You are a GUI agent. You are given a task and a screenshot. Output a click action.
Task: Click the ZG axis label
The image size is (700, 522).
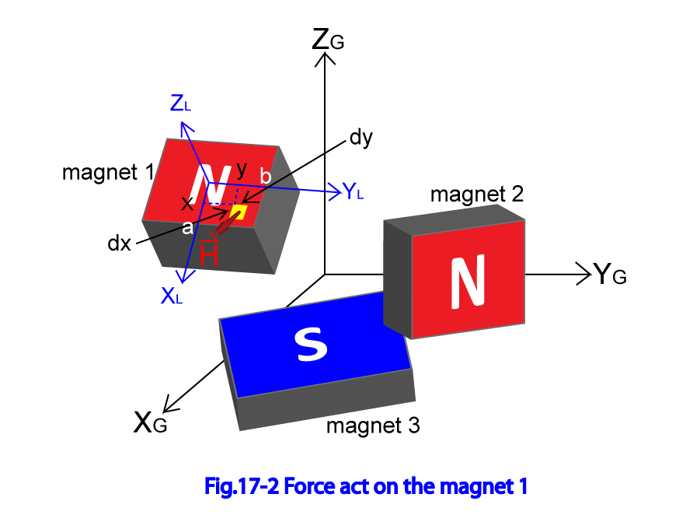click(327, 39)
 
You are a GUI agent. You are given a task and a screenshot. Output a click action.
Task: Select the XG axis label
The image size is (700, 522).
click(150, 422)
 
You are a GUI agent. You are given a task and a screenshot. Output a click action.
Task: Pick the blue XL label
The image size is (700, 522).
click(172, 295)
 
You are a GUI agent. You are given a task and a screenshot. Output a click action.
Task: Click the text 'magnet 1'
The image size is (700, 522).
click(108, 172)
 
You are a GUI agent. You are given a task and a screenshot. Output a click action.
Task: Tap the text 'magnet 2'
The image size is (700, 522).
click(477, 194)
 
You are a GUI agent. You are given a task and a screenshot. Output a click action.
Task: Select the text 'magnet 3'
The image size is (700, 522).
click(373, 426)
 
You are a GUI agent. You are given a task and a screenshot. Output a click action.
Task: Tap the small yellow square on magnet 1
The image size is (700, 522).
click(239, 212)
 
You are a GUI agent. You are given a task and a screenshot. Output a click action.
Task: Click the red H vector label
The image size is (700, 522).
click(209, 254)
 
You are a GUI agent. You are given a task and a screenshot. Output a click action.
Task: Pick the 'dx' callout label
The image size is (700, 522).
click(120, 243)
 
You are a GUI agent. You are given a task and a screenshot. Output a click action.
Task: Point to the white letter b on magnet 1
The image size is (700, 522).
click(265, 177)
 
